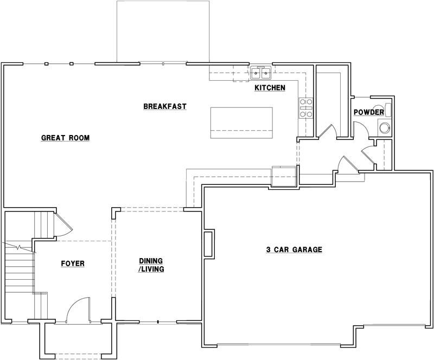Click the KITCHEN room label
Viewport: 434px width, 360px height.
coord(270,88)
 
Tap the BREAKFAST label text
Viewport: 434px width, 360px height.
coord(165,106)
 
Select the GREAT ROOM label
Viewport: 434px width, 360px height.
coord(65,138)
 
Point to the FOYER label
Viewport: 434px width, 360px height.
coord(72,264)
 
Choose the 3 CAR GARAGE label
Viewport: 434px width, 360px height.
coord(294,250)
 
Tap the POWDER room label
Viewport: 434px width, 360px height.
coord(369,112)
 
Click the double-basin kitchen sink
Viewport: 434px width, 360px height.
coord(261,73)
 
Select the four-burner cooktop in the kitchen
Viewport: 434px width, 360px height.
coord(305,108)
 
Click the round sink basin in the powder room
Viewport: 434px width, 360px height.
coord(385,128)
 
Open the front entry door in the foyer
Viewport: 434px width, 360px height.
coord(76,310)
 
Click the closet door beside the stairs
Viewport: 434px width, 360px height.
coord(61,223)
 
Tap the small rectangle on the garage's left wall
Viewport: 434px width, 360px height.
coord(208,243)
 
